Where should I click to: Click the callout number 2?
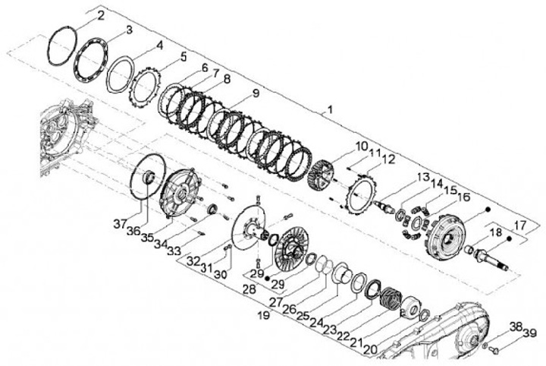click(x=100, y=15)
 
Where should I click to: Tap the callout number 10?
click(x=362, y=146)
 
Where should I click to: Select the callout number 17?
click(x=520, y=225)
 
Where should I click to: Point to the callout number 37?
click(x=120, y=224)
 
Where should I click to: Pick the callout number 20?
click(x=370, y=349)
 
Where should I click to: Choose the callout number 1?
click(x=329, y=110)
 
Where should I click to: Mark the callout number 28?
click(x=249, y=289)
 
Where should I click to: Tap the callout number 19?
click(x=264, y=315)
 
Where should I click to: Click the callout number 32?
click(x=193, y=260)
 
